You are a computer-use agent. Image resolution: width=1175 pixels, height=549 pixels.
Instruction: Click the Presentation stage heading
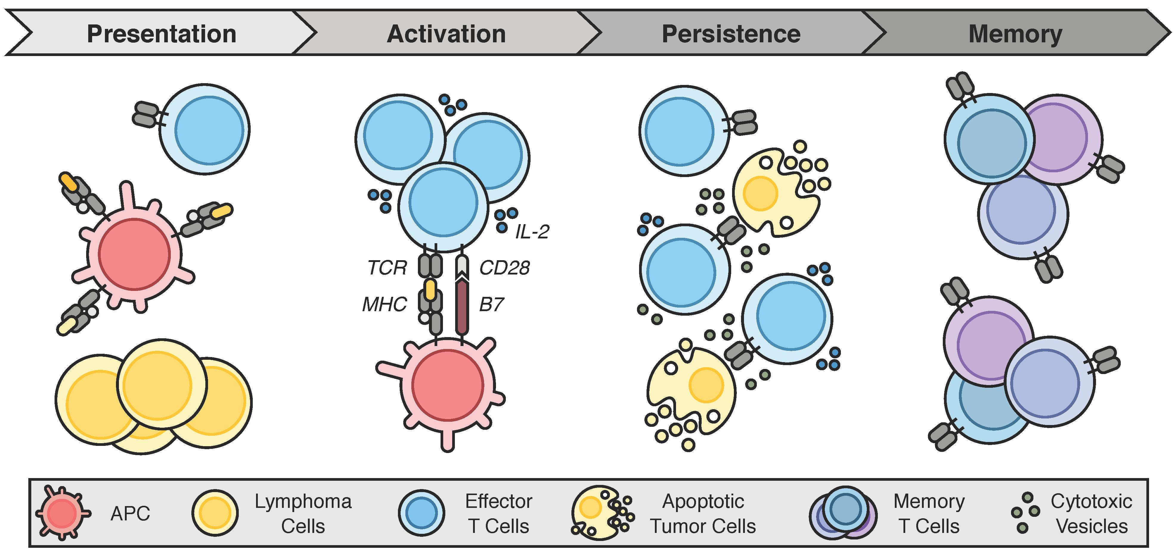click(x=162, y=34)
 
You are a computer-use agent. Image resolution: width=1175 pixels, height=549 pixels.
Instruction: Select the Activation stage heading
click(x=446, y=34)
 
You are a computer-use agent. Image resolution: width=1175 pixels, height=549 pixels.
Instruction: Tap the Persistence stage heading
click(x=731, y=34)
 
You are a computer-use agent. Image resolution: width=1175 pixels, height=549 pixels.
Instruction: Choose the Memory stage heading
click(x=1015, y=35)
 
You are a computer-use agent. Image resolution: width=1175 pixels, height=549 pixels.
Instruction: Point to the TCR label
click(x=387, y=268)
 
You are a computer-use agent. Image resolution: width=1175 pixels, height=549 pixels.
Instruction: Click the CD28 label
click(x=504, y=268)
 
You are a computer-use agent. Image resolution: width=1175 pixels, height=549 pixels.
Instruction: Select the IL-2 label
click(x=532, y=232)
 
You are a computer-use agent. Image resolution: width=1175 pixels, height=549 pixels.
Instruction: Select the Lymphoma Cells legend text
click(x=303, y=514)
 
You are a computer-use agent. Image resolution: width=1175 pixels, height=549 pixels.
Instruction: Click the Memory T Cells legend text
click(x=929, y=514)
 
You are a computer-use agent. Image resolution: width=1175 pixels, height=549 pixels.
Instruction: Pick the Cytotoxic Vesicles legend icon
click(x=1025, y=513)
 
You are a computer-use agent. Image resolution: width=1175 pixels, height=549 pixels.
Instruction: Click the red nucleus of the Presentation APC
click(x=134, y=254)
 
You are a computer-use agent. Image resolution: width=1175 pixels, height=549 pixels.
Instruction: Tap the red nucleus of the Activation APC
click(x=448, y=384)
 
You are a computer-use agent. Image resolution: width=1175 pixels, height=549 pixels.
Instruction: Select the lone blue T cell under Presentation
click(x=204, y=129)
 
